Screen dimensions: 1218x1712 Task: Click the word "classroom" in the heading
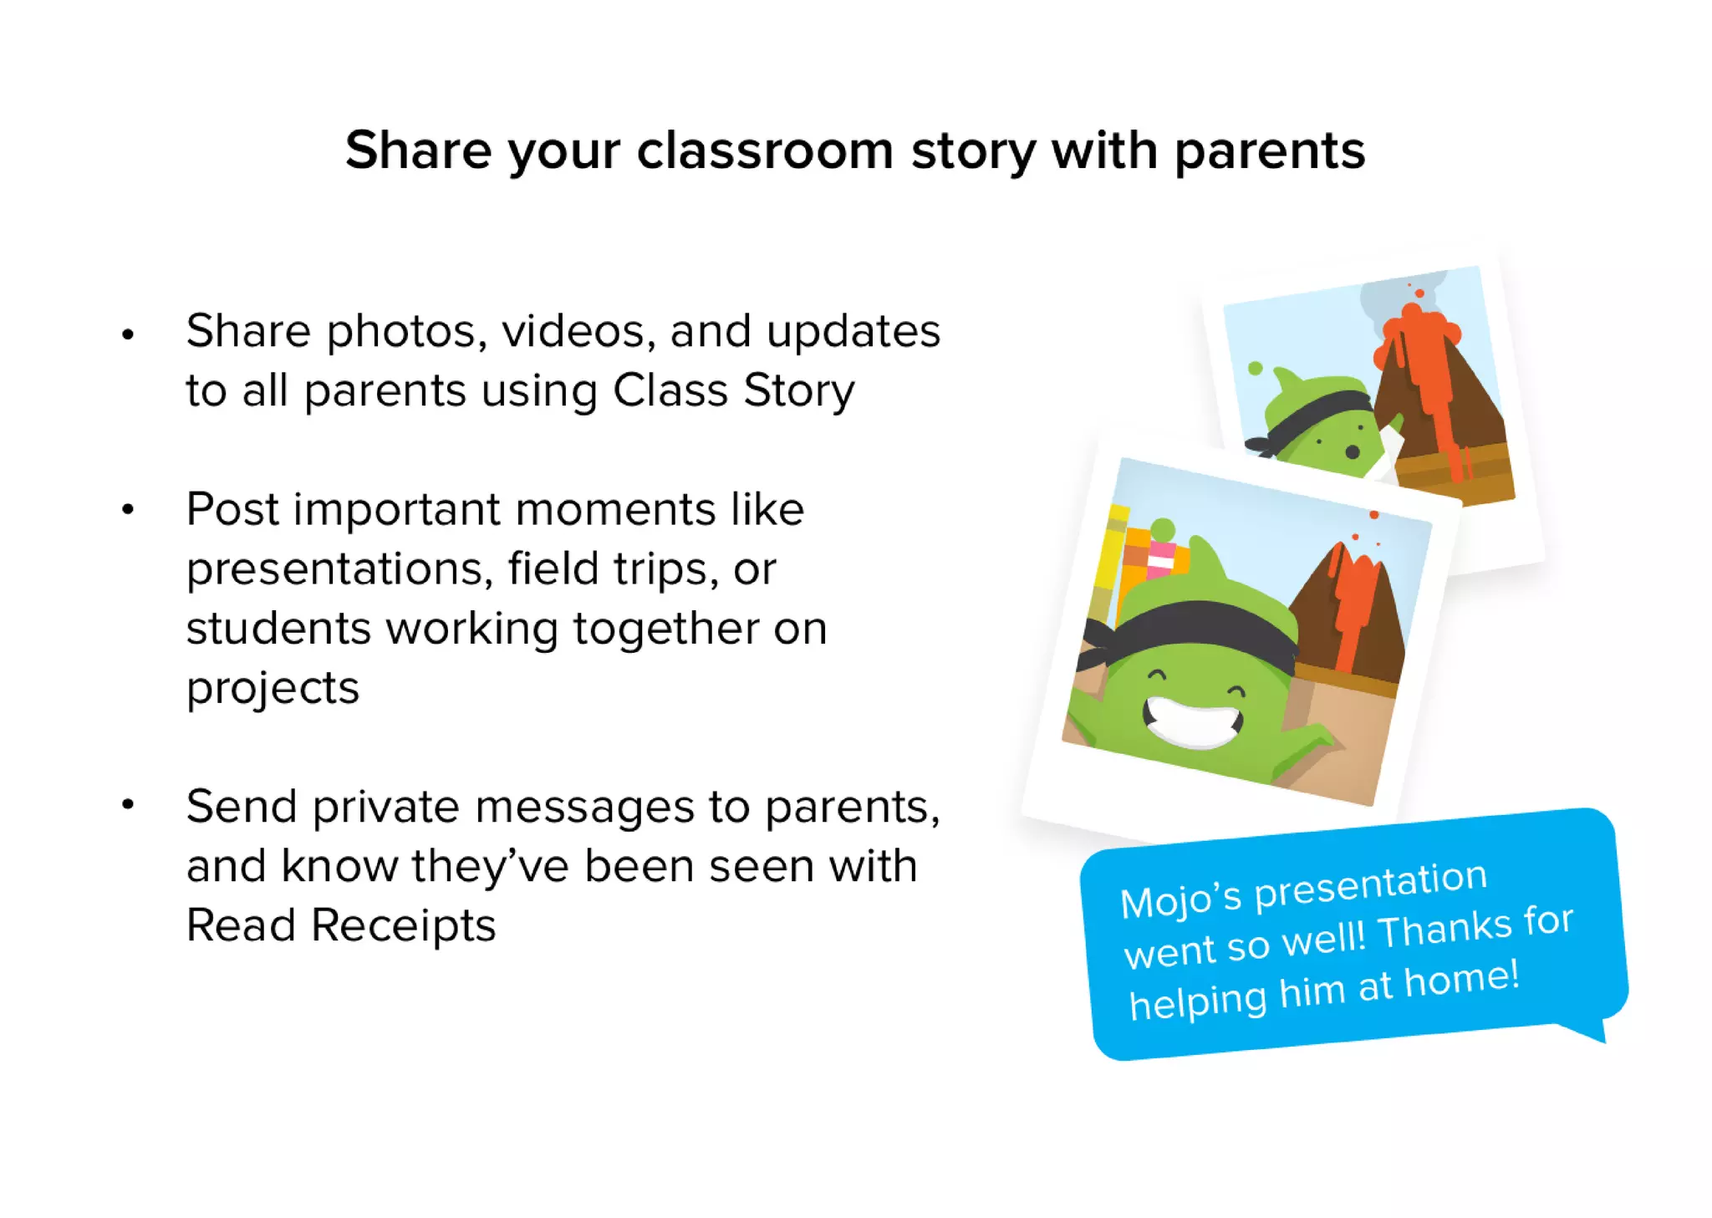(765, 151)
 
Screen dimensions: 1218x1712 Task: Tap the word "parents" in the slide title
(1269, 151)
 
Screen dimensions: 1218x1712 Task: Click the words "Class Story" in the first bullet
(734, 390)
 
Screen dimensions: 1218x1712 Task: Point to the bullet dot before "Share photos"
(128, 335)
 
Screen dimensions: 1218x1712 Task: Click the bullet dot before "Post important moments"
(128, 509)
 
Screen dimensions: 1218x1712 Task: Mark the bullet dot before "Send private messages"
(128, 805)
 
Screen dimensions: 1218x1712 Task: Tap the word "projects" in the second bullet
(273, 688)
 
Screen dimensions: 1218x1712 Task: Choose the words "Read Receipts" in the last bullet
(341, 925)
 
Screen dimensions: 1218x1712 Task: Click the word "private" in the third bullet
(385, 807)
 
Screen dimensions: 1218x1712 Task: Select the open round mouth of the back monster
(1352, 452)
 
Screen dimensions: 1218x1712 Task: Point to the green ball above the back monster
(1255, 368)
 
